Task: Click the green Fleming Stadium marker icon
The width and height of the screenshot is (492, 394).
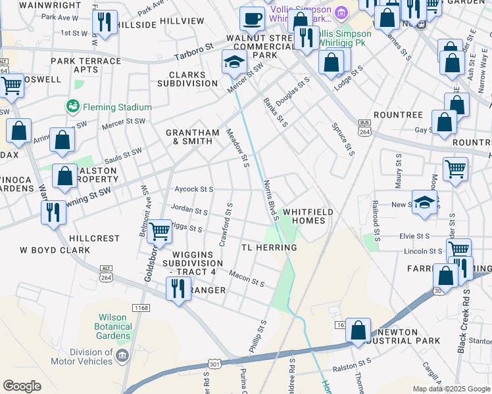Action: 72,106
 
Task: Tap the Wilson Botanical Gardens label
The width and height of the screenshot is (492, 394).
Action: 112,326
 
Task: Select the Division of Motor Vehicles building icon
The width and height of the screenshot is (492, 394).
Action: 122,356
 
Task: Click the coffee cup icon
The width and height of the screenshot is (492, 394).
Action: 251,18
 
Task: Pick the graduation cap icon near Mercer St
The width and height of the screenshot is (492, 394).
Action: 234,62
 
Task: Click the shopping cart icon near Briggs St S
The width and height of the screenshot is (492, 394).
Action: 159,231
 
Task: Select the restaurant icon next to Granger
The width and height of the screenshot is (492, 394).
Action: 178,287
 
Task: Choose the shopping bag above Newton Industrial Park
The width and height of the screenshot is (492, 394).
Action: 358,330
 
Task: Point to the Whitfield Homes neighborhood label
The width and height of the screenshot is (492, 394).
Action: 304,216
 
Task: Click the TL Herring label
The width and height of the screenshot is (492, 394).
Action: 269,248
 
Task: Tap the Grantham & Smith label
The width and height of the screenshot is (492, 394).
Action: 193,137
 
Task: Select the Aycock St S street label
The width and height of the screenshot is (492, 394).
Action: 193,189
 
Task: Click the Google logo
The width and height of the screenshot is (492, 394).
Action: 22,386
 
